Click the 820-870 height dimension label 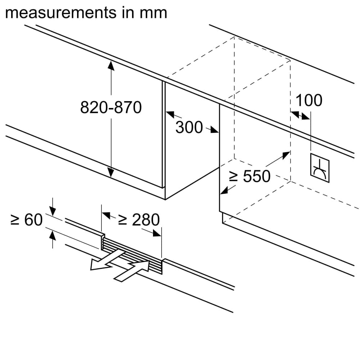(x=111, y=107)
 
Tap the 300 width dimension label (x=189, y=127)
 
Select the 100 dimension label (x=309, y=100)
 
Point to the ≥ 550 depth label (x=250, y=176)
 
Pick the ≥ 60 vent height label (x=26, y=220)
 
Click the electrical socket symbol (x=319, y=165)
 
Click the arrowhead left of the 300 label (x=170, y=115)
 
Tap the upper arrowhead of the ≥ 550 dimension (x=286, y=155)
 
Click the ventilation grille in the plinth (x=131, y=254)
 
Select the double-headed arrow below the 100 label (x=300, y=115)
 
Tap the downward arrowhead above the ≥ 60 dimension (x=53, y=212)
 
